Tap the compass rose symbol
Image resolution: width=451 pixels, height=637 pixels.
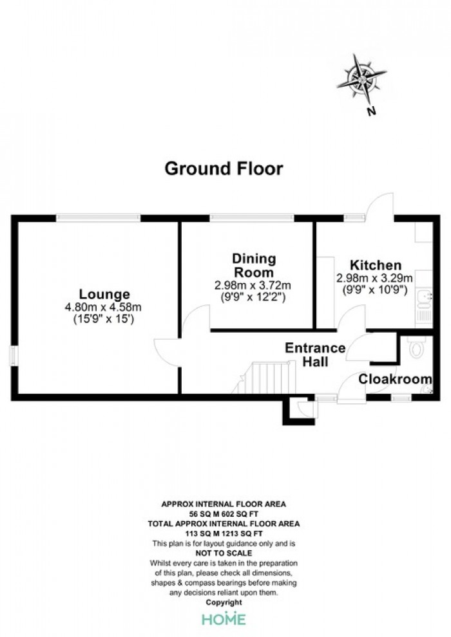coord(361,78)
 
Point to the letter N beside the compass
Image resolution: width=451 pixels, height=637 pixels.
coord(371,111)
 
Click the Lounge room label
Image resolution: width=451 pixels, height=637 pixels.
coord(104,293)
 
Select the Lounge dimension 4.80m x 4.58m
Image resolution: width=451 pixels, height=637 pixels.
coord(103,307)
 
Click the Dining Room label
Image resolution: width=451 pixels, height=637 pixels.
coord(254,265)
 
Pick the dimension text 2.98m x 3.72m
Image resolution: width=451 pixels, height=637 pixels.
coord(253,285)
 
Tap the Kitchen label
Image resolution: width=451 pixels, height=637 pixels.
coord(376,265)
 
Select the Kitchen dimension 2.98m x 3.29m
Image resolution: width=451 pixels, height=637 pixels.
coord(374,278)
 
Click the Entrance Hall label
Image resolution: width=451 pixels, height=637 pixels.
coord(315,355)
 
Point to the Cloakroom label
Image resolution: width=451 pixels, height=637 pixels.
coord(395,379)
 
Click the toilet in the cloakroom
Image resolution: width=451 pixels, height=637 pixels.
coord(416,347)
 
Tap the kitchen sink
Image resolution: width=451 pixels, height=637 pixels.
coord(425,297)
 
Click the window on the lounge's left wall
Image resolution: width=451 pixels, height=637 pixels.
coord(14,355)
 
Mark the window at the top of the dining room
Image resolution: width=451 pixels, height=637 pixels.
coord(252,218)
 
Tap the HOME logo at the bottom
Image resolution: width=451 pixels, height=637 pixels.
coord(224,619)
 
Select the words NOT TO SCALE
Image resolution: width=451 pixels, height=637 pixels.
coord(224,553)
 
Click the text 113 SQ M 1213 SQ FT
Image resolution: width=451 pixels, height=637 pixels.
coord(224,534)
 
